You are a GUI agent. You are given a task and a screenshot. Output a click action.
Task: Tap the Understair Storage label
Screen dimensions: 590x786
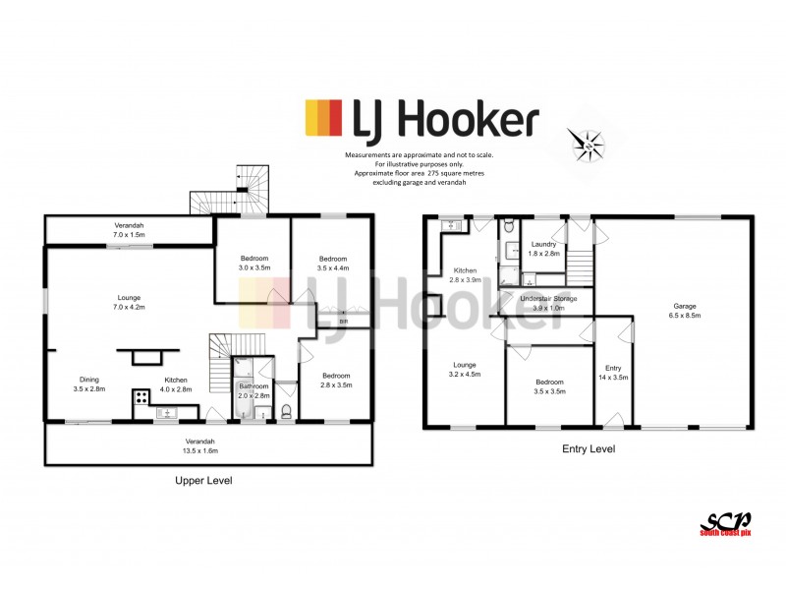tap(548, 302)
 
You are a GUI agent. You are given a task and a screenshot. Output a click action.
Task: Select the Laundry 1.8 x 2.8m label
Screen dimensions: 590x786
tap(544, 249)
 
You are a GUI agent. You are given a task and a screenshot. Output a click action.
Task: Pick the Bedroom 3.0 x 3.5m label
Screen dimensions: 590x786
tap(253, 263)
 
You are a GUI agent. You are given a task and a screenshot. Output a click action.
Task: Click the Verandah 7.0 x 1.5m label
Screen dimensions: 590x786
tap(130, 230)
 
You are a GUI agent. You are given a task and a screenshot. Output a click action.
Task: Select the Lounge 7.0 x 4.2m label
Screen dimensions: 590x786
tap(129, 303)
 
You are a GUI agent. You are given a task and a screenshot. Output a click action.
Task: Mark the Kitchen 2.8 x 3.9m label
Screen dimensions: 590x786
tap(466, 274)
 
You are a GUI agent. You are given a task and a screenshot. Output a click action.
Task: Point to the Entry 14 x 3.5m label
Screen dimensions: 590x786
tap(614, 373)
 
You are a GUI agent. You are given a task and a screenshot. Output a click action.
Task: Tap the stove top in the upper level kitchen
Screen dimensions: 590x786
tap(140, 398)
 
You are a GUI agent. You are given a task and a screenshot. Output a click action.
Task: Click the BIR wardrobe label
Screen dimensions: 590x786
tap(343, 321)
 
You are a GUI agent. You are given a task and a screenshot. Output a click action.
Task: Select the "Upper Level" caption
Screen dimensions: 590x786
tap(202, 480)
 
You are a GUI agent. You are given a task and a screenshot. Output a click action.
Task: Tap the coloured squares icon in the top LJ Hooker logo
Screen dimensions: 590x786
tap(322, 120)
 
